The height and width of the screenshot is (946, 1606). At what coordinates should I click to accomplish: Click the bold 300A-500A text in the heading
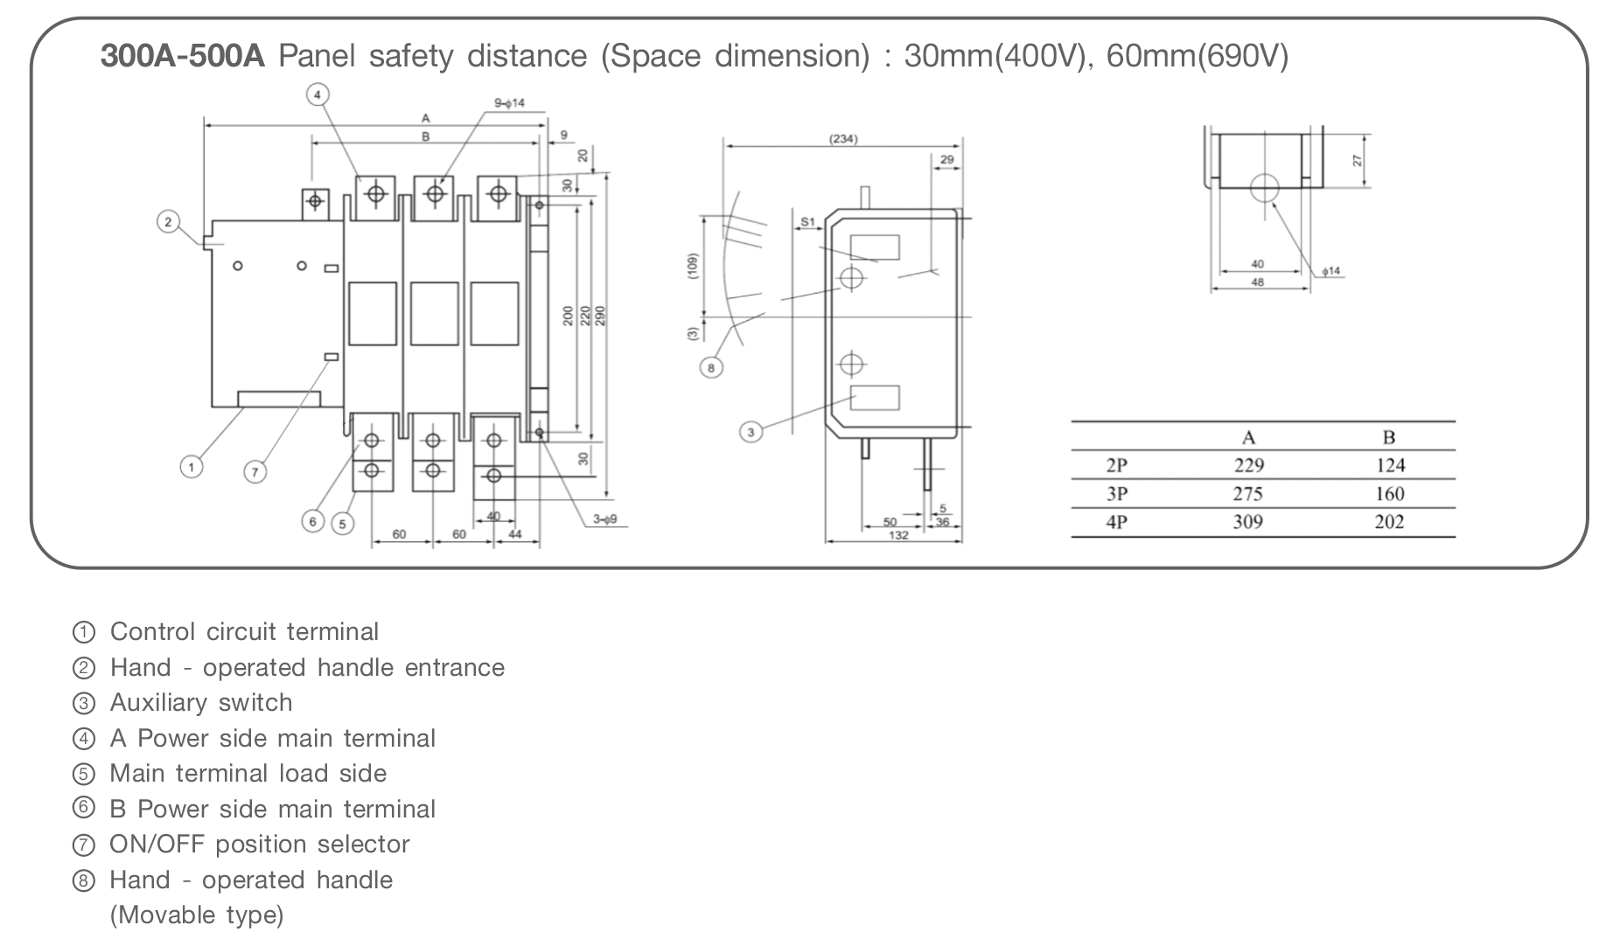tap(182, 57)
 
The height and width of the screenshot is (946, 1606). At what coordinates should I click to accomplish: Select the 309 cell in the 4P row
tap(1247, 522)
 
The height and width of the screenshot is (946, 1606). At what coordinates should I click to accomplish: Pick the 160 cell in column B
tap(1389, 494)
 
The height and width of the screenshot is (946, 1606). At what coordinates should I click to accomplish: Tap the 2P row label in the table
tap(1116, 465)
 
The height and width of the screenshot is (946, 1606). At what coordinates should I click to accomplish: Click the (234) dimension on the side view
tap(843, 139)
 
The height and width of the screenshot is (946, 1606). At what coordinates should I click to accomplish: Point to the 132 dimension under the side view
tap(898, 535)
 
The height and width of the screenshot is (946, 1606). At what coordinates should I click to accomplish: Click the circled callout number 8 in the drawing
tap(711, 368)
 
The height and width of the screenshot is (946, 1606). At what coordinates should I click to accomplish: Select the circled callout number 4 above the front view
tap(318, 94)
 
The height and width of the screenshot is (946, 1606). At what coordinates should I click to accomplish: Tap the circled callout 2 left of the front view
tap(169, 221)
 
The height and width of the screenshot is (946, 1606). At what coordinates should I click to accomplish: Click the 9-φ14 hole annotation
tap(509, 103)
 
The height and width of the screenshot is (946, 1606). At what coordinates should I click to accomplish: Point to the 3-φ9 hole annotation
tap(604, 519)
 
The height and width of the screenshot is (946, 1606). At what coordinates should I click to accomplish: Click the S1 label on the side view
tap(807, 222)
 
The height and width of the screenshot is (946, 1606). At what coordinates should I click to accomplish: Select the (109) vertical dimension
tap(693, 267)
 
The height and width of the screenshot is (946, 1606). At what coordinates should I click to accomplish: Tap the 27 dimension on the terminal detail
tap(1358, 161)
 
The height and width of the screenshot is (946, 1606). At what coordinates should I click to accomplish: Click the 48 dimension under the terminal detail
tap(1258, 282)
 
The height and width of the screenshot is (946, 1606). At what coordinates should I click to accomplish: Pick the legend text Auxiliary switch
tap(201, 703)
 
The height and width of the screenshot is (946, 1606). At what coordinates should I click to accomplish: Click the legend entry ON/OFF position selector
tap(259, 845)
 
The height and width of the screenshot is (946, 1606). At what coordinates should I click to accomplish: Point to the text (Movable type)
tap(197, 915)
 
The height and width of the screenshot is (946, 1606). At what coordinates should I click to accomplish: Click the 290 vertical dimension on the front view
tap(600, 316)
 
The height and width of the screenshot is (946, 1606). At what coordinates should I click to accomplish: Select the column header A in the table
tap(1248, 438)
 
